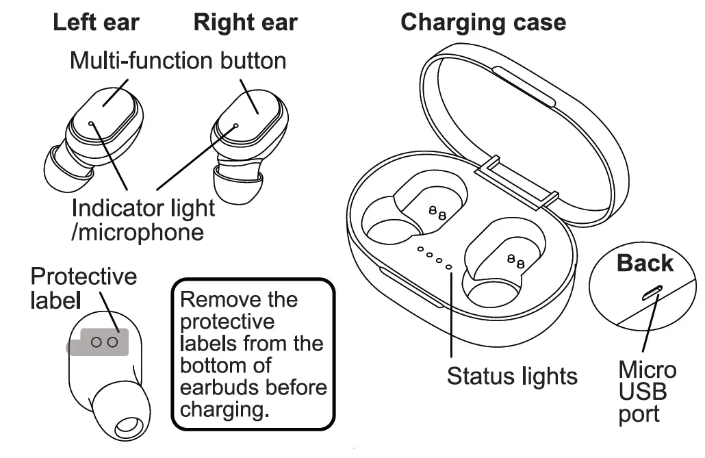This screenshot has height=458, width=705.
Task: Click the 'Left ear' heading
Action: pyautogui.click(x=96, y=23)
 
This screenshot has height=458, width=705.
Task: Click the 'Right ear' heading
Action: pyautogui.click(x=245, y=23)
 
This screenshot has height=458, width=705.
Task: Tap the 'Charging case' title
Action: pyautogui.click(x=483, y=23)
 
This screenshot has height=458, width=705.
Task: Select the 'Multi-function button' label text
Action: pyautogui.click(x=178, y=60)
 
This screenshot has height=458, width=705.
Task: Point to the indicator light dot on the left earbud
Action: pyautogui.click(x=92, y=124)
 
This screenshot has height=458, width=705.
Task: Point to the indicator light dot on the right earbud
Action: pyautogui.click(x=236, y=126)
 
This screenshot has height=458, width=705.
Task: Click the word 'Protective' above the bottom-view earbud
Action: pyautogui.click(x=84, y=277)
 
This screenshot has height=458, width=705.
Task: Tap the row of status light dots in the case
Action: pyautogui.click(x=435, y=259)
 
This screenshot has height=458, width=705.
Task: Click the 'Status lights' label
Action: pyautogui.click(x=512, y=375)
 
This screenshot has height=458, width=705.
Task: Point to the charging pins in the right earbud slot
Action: pyautogui.click(x=515, y=260)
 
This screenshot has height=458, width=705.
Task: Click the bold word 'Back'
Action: pyautogui.click(x=645, y=263)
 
